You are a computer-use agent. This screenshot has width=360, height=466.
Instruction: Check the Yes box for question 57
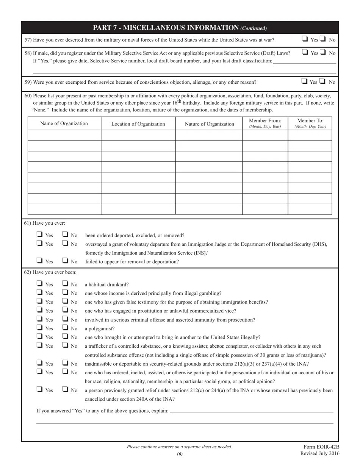point(305,38)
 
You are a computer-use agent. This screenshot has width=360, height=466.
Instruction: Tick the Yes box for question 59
point(304,81)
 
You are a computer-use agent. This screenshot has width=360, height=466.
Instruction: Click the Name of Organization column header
point(64,124)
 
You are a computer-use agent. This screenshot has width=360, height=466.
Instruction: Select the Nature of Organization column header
point(209,124)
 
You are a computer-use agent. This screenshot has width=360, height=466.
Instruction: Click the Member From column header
point(265,123)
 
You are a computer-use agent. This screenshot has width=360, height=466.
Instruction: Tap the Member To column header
point(310,123)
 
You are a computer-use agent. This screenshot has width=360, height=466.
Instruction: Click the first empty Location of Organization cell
point(138,135)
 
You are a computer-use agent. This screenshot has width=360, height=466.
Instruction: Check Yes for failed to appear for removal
point(39,260)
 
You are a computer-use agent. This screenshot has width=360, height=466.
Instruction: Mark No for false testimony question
point(66,301)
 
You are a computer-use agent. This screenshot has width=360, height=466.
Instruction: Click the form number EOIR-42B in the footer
point(321,447)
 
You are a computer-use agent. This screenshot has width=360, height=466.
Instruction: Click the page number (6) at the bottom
point(180,454)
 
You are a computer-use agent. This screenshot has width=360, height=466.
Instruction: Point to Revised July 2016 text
point(320,453)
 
